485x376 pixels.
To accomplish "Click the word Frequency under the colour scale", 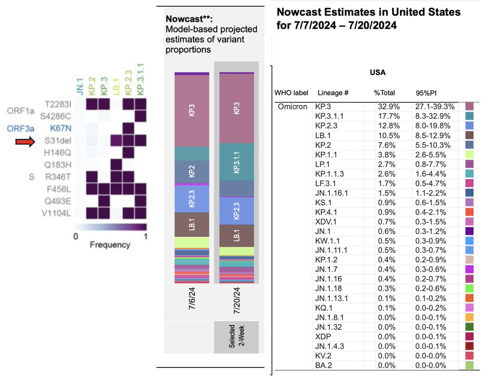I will (110, 245).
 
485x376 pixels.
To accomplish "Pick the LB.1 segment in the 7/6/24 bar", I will (192, 224).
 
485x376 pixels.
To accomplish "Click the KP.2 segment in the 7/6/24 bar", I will (192, 172).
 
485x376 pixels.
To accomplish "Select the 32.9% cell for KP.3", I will (386, 107).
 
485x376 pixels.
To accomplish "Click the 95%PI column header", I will (424, 92).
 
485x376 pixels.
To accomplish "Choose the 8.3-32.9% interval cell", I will (434, 116).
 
